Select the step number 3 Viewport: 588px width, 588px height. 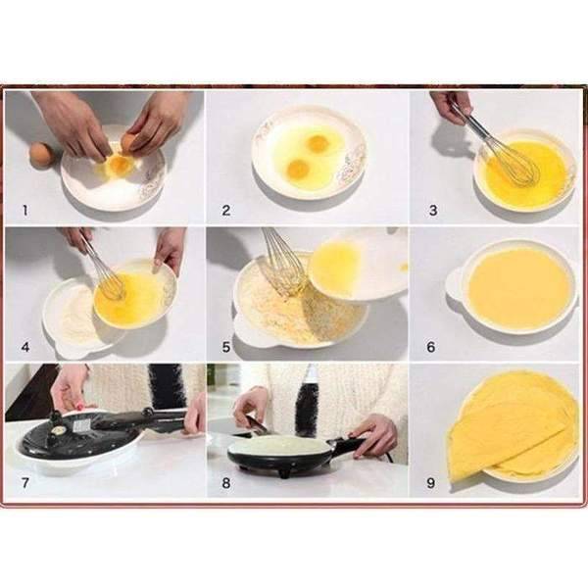click(431, 209)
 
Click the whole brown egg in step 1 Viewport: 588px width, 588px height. click(41, 155)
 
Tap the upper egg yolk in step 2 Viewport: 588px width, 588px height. click(317, 144)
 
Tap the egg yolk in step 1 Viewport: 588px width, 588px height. click(120, 165)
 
